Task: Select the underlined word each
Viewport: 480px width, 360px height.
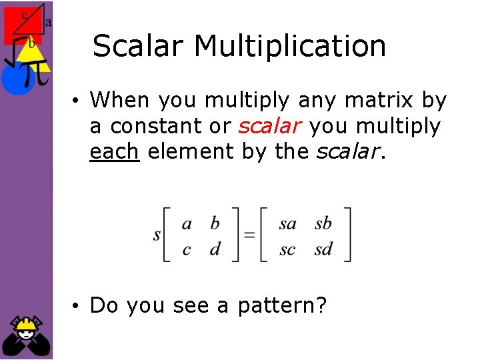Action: pyautogui.click(x=114, y=152)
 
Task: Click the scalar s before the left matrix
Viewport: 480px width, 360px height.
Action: pyautogui.click(x=157, y=235)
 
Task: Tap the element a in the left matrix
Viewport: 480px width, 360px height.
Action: pyautogui.click(x=187, y=223)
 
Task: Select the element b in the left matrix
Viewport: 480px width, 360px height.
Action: pyautogui.click(x=215, y=223)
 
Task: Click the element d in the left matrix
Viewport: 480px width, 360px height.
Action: pyautogui.click(x=215, y=249)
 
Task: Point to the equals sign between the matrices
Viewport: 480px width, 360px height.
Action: pyautogui.click(x=249, y=235)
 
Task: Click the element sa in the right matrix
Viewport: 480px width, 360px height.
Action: pyautogui.click(x=287, y=223)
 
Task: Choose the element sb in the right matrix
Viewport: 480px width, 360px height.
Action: pyautogui.click(x=323, y=223)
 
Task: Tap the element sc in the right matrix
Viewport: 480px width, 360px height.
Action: pyautogui.click(x=287, y=250)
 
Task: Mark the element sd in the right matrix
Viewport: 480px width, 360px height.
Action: pyautogui.click(x=323, y=249)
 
